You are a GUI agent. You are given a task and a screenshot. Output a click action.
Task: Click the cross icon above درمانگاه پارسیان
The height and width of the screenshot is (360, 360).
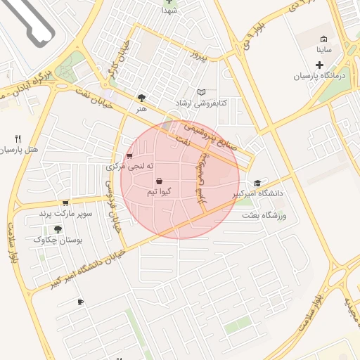point(319,65)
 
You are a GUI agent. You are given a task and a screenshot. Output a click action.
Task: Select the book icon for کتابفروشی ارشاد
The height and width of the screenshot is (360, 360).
point(202,92)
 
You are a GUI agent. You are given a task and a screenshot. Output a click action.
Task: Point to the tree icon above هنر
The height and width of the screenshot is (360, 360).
point(142,98)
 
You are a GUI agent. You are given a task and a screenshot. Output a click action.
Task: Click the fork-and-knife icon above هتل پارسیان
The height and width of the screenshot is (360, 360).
point(18,139)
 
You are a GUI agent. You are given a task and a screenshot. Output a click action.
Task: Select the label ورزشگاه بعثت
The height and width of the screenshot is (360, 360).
point(265,215)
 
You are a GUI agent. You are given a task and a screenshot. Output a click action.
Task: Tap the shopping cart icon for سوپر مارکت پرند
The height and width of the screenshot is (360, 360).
point(65,202)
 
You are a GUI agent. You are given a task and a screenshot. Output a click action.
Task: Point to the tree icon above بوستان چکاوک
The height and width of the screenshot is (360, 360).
point(58,229)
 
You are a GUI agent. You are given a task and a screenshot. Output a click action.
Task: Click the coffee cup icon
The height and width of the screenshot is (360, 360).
point(80,302)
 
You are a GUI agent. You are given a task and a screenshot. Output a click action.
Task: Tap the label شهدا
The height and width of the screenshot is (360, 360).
point(169,11)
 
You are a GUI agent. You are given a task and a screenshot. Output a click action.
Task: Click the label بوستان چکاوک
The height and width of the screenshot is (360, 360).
point(58,240)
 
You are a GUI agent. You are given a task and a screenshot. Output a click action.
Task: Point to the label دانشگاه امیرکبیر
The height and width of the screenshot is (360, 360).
point(262,193)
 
